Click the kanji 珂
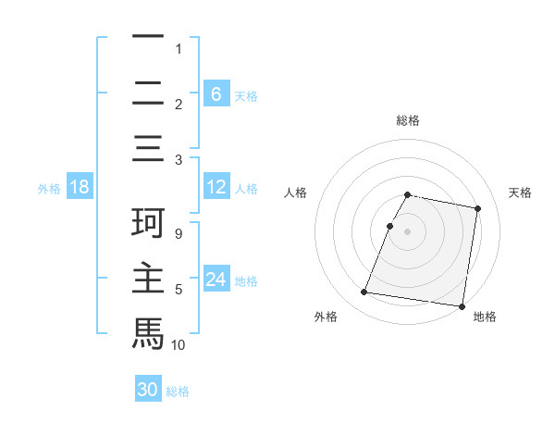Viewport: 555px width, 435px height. coord(148,224)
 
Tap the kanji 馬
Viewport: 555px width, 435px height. coord(148,332)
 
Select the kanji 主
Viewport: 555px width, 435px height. coord(148,279)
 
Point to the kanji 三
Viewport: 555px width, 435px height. coord(148,148)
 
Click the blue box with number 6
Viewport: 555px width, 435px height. coord(216,93)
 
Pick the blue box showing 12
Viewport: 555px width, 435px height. coord(216,188)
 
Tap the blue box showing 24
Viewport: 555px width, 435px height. coord(216,280)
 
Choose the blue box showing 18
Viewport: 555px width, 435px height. coord(80,188)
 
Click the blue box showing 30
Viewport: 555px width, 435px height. coord(148,390)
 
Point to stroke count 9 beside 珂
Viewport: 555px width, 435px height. coord(179,234)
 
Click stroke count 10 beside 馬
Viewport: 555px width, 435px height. coord(179,344)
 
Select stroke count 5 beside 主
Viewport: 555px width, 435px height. coord(179,290)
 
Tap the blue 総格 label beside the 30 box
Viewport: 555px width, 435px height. coord(179,391)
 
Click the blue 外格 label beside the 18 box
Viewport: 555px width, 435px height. coord(49,189)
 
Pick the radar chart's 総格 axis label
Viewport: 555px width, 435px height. coord(408,120)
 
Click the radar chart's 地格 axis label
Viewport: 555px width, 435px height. coord(485,317)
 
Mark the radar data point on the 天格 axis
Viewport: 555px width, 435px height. coord(478,209)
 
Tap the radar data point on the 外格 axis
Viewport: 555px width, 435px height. coord(364,292)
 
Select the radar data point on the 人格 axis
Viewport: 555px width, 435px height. coord(389,226)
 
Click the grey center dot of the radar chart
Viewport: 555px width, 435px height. coord(408,231)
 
